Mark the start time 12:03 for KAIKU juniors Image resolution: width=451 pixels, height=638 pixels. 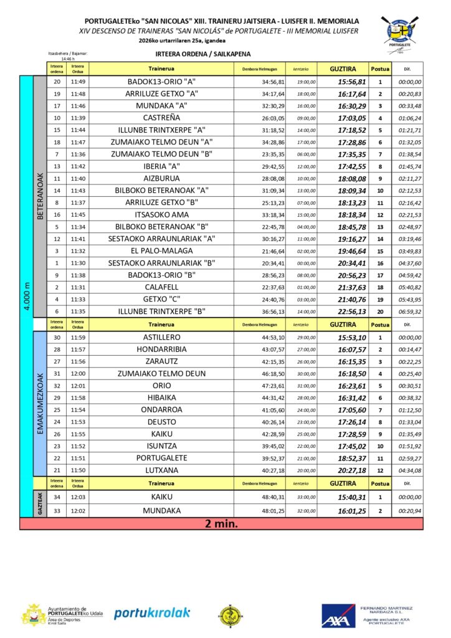[x=78, y=498]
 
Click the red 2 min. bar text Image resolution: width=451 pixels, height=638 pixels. [x=222, y=524]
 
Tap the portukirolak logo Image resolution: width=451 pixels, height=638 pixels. [x=152, y=613]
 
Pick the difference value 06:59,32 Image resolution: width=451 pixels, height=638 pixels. [x=409, y=312]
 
